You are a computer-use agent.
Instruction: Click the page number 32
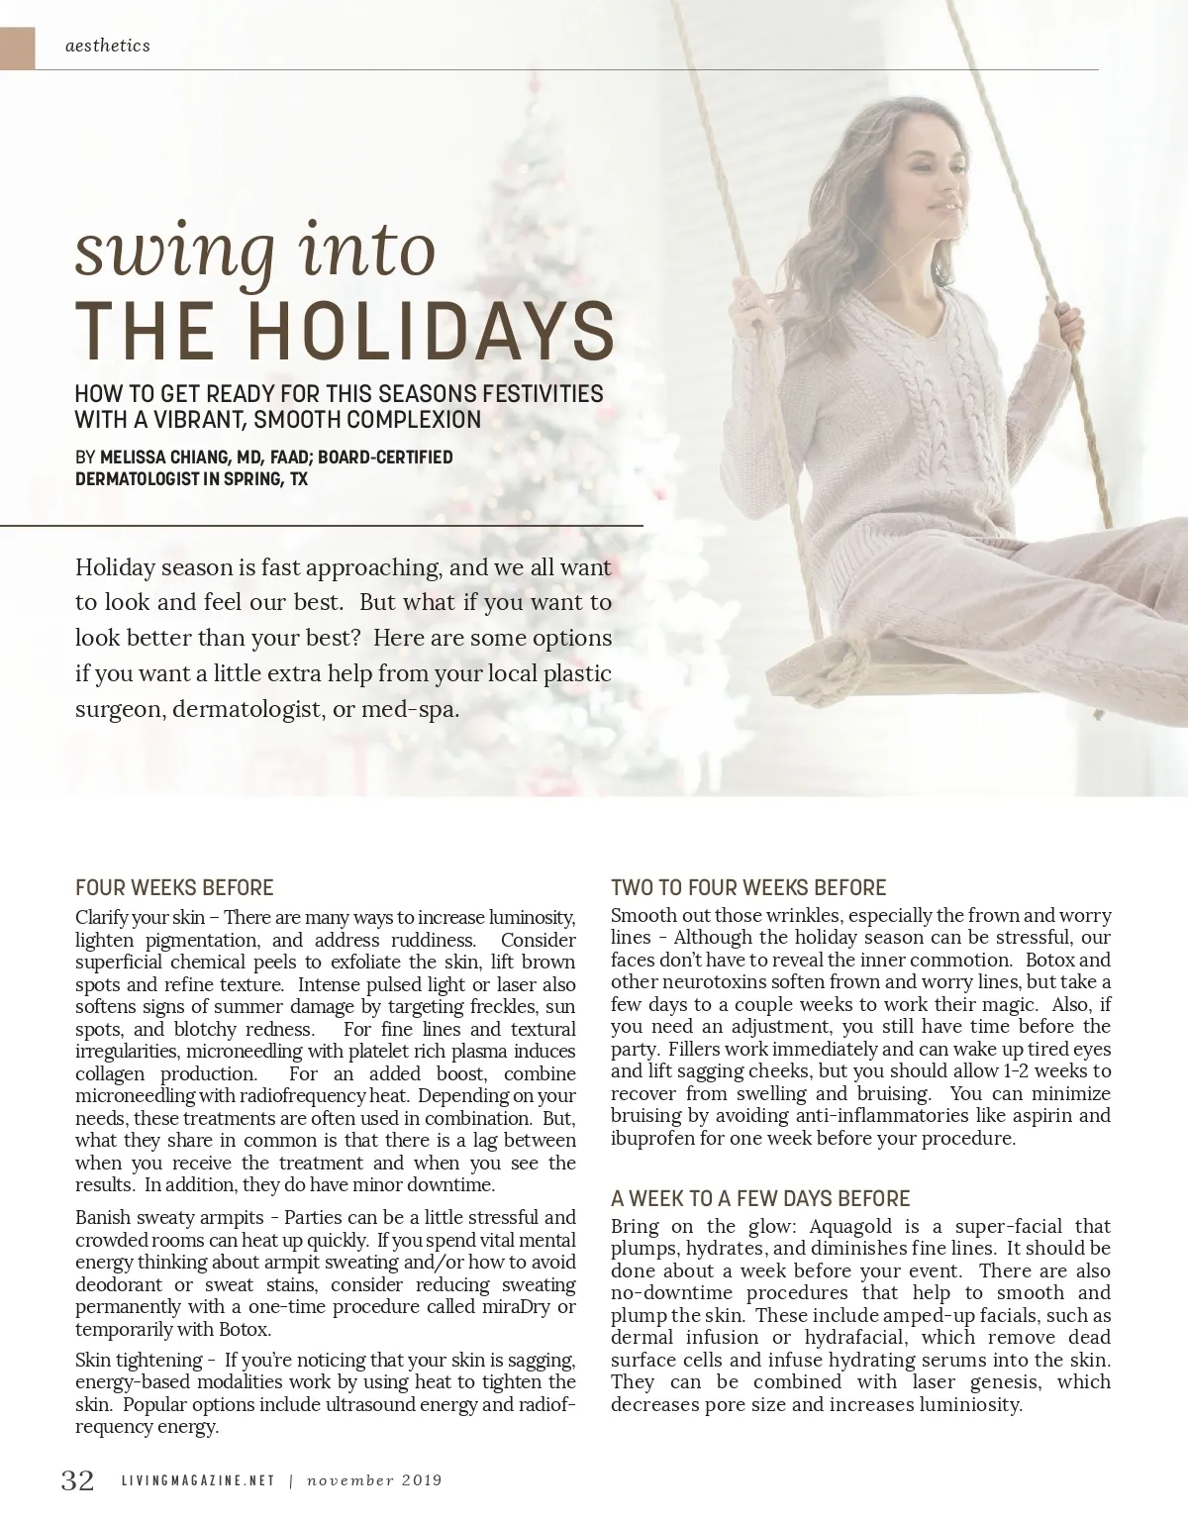(78, 1480)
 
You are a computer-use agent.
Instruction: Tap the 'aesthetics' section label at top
(107, 45)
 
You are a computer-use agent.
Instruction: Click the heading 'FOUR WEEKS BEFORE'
(174, 887)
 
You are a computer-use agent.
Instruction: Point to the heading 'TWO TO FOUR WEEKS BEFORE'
(748, 887)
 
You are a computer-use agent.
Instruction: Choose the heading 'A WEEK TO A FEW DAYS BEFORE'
(760, 1198)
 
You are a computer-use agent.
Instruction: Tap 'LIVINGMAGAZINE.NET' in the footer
(197, 1481)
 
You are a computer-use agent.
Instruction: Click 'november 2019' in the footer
(374, 1481)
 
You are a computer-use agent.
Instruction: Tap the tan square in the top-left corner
(17, 48)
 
